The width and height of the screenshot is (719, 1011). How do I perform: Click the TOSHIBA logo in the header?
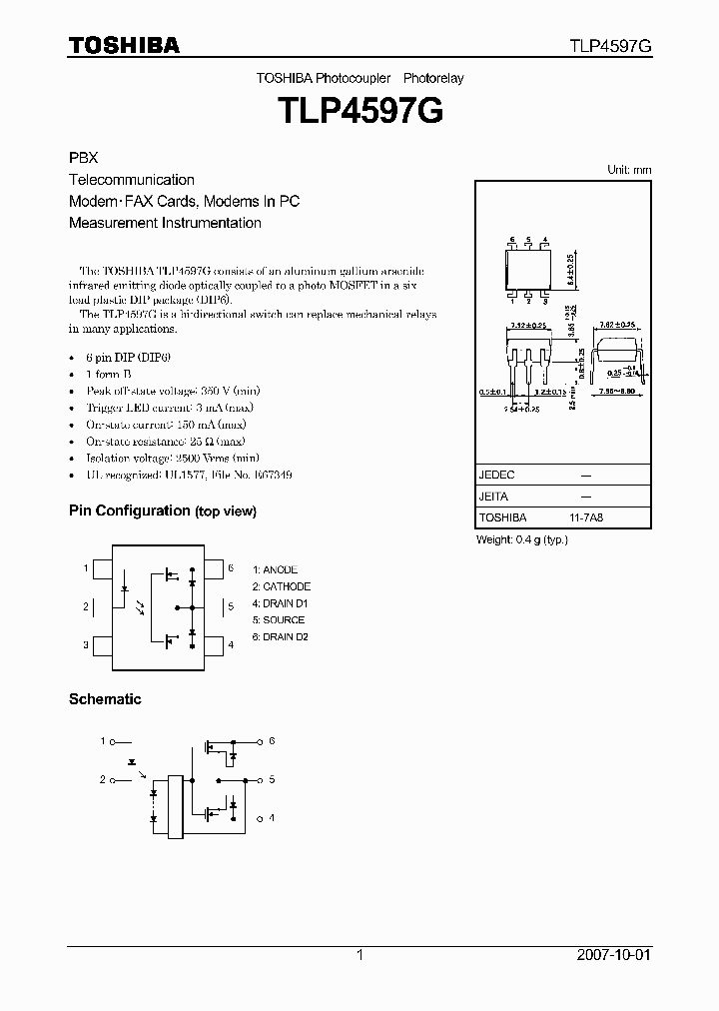click(124, 46)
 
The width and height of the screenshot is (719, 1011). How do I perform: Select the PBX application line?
click(82, 159)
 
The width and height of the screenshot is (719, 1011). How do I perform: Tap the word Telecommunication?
click(131, 180)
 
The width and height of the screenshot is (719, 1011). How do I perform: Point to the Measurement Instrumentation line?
click(165, 223)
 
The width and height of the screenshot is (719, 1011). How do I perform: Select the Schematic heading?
click(105, 699)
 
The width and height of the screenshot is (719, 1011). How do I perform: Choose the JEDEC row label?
click(496, 476)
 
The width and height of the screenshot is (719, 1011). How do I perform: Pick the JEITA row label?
click(494, 497)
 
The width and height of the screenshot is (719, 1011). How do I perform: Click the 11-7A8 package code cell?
click(586, 517)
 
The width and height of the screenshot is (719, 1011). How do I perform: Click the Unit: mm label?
click(629, 170)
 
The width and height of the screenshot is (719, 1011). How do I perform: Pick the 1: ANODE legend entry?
click(275, 569)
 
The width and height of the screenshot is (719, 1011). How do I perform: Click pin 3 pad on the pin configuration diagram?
click(101, 644)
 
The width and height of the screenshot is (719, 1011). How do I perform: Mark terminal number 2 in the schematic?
click(102, 779)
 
